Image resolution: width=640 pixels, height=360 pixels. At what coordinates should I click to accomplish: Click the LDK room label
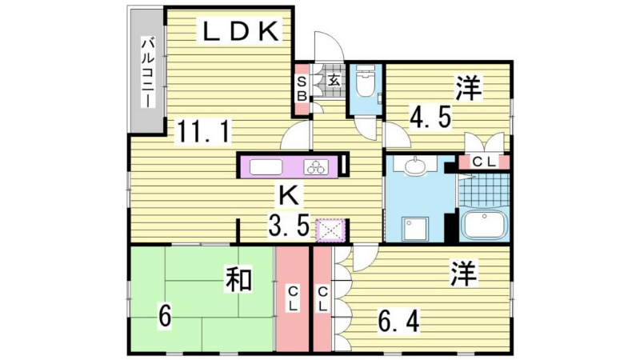click(239, 32)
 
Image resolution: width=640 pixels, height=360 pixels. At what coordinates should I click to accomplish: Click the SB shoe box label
click(302, 88)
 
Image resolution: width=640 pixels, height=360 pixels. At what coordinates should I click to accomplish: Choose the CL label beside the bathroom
click(485, 162)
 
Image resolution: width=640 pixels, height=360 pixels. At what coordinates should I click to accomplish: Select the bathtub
click(483, 226)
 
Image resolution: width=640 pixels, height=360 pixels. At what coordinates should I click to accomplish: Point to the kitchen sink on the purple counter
click(266, 167)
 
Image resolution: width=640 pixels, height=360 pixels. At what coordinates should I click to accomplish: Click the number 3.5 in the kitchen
click(289, 226)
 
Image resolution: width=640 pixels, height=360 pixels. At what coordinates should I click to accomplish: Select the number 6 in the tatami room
click(163, 317)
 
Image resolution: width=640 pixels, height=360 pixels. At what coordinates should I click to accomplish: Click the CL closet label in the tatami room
click(294, 299)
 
